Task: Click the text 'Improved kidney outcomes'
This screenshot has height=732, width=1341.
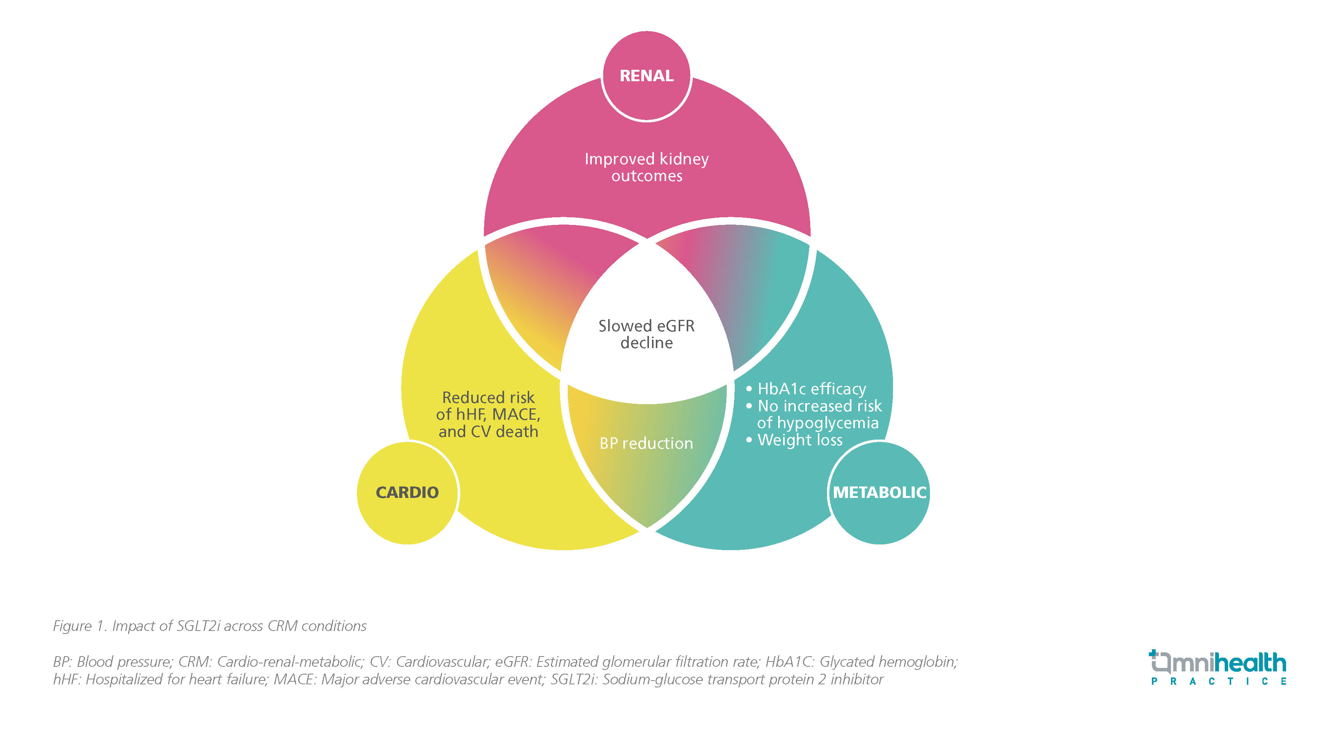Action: click(647, 167)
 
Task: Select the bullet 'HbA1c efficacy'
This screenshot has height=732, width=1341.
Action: click(811, 389)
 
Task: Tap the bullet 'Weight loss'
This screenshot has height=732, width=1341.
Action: click(800, 440)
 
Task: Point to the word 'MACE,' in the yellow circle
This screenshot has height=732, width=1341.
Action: click(516, 414)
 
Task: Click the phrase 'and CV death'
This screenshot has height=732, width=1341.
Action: click(488, 432)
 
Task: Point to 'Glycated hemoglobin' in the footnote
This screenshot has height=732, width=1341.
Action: click(888, 662)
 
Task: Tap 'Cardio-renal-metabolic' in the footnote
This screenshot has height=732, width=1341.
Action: click(289, 662)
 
